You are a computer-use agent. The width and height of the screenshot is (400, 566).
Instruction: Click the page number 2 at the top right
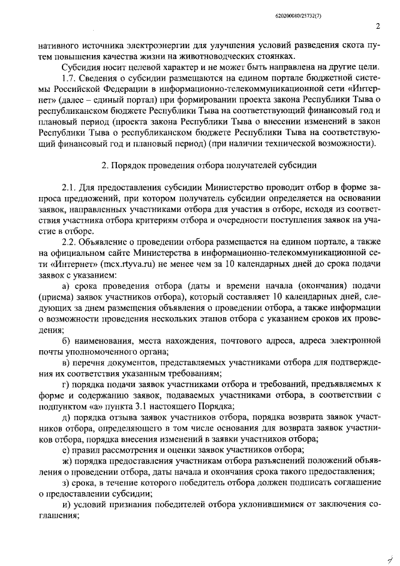click(379, 26)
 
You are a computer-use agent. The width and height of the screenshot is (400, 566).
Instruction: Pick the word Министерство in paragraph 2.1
click(222, 188)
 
